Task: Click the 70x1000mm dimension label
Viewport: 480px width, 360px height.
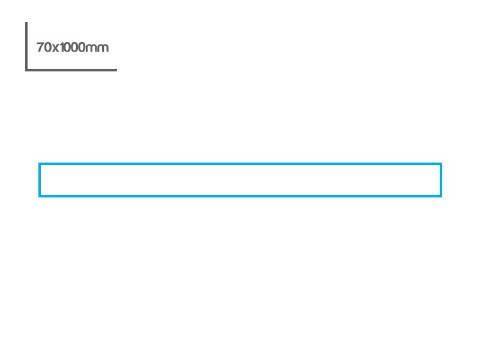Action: (73, 47)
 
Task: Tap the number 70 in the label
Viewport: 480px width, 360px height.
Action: (44, 47)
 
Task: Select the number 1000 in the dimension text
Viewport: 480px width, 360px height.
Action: (72, 47)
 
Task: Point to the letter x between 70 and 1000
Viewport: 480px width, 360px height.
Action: (55, 49)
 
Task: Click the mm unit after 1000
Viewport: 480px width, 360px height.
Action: (97, 49)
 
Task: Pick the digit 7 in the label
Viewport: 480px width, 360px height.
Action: (40, 47)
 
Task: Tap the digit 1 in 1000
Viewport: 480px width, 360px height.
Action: (62, 47)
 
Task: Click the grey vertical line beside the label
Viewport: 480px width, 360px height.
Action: (26, 47)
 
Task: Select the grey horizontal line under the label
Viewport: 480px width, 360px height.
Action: (71, 70)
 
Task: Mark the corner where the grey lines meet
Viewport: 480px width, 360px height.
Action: (26, 70)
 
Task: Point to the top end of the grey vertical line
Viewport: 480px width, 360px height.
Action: (26, 22)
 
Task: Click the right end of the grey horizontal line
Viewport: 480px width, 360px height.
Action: (116, 70)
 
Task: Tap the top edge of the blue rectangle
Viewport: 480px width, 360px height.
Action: (241, 164)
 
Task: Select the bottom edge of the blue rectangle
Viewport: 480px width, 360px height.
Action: (241, 196)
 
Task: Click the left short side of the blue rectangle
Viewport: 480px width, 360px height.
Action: (40, 180)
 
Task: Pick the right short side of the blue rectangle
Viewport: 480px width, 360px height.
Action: (441, 180)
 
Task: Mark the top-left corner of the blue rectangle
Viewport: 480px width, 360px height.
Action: (40, 164)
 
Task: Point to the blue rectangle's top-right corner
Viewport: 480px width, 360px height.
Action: (441, 164)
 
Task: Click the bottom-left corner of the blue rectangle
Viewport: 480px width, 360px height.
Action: (40, 196)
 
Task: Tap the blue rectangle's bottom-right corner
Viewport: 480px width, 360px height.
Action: (441, 196)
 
